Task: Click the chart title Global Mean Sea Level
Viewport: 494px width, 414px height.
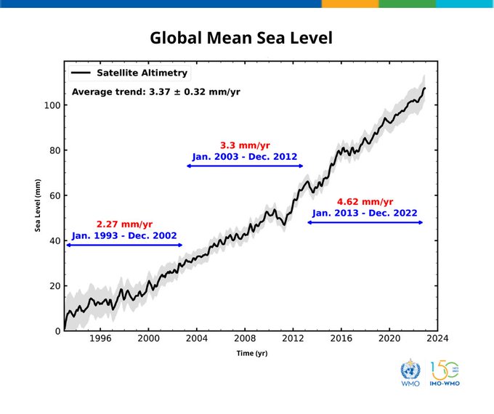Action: (x=241, y=38)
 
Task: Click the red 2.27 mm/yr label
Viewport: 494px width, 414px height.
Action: (x=124, y=224)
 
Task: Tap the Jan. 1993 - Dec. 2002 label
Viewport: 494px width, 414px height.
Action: (x=124, y=236)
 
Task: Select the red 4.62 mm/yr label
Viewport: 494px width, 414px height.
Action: (x=365, y=201)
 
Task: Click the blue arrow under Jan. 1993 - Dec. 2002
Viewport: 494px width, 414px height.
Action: (x=124, y=245)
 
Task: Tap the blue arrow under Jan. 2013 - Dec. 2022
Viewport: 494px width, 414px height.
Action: (x=365, y=222)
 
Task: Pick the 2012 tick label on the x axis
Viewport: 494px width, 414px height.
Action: (x=293, y=338)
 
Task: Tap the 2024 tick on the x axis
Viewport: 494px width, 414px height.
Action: (x=437, y=338)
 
